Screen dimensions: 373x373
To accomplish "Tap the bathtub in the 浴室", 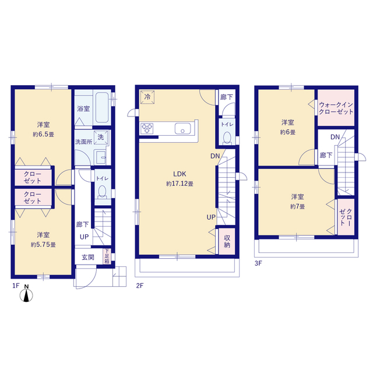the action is click(x=103, y=107).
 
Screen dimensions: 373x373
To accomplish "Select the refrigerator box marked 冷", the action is click(x=147, y=97).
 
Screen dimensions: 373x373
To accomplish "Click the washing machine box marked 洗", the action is click(x=101, y=138).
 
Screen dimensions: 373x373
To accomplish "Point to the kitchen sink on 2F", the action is click(x=182, y=128).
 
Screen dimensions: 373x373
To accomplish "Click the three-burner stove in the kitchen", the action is click(x=147, y=128).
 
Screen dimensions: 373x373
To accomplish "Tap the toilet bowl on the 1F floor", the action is click(x=103, y=192).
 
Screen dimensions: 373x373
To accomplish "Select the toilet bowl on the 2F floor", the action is click(x=227, y=138).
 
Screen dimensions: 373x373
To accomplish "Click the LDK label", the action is click(x=180, y=174).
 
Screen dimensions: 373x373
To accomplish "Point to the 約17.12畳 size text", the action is click(x=180, y=184).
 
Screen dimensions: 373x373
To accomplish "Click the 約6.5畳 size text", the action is click(x=43, y=135).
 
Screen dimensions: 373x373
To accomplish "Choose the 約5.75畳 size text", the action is click(x=43, y=245).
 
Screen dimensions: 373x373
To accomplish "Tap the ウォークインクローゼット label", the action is click(x=336, y=108).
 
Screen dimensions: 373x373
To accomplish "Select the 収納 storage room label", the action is click(x=227, y=241).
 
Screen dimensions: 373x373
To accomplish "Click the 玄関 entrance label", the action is click(x=88, y=257).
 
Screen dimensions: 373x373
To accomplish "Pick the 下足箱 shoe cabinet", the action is click(x=107, y=256).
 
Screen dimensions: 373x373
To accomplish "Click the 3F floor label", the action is click(x=258, y=263).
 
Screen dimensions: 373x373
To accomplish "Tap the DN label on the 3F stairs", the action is click(x=335, y=137).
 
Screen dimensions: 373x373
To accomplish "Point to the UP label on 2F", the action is click(x=211, y=217).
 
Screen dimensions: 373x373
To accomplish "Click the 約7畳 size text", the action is click(x=297, y=207).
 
